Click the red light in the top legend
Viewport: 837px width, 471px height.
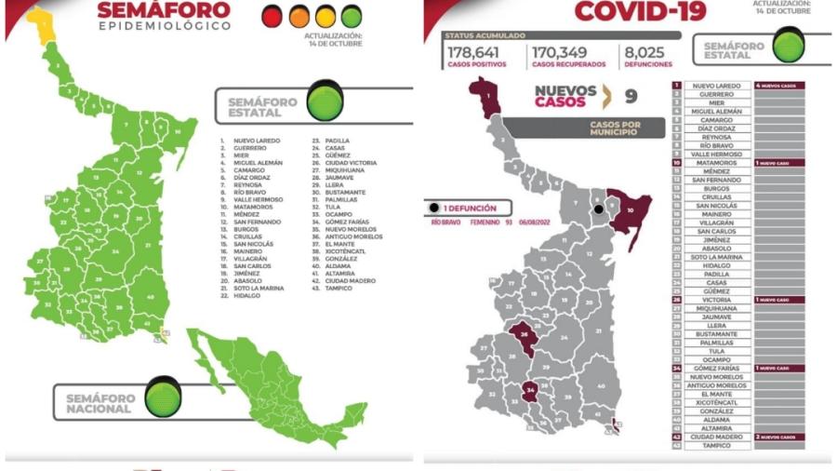[x=272, y=16]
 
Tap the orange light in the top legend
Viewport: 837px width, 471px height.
[x=299, y=16]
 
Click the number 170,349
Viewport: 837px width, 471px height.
[x=567, y=52]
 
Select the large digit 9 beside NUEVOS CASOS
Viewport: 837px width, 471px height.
[x=631, y=95]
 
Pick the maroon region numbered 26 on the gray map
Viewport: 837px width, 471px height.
[x=525, y=338]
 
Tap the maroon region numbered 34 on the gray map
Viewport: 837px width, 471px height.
[x=532, y=391]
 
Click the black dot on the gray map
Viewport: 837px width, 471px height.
[x=598, y=209]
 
